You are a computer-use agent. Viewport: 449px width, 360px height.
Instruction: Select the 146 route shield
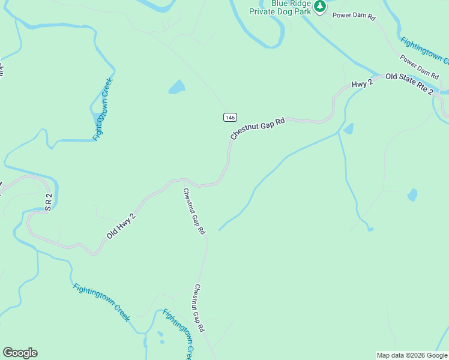tap(231, 117)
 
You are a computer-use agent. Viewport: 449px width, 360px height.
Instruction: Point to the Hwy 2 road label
tap(362, 85)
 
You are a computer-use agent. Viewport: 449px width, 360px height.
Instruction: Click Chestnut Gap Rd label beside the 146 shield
tap(256, 128)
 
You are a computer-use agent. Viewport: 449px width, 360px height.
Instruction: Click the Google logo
tap(20, 353)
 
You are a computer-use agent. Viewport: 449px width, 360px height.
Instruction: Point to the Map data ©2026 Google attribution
tap(412, 355)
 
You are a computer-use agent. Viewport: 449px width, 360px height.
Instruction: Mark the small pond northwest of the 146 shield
tap(177, 88)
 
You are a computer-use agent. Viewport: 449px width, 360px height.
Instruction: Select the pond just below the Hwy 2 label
tap(348, 128)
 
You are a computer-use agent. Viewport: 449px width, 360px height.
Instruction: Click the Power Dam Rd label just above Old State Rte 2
tap(419, 67)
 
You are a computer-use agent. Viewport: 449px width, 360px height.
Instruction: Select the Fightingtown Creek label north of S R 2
tap(103, 109)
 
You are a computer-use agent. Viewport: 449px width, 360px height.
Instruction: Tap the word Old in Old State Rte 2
tap(392, 77)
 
